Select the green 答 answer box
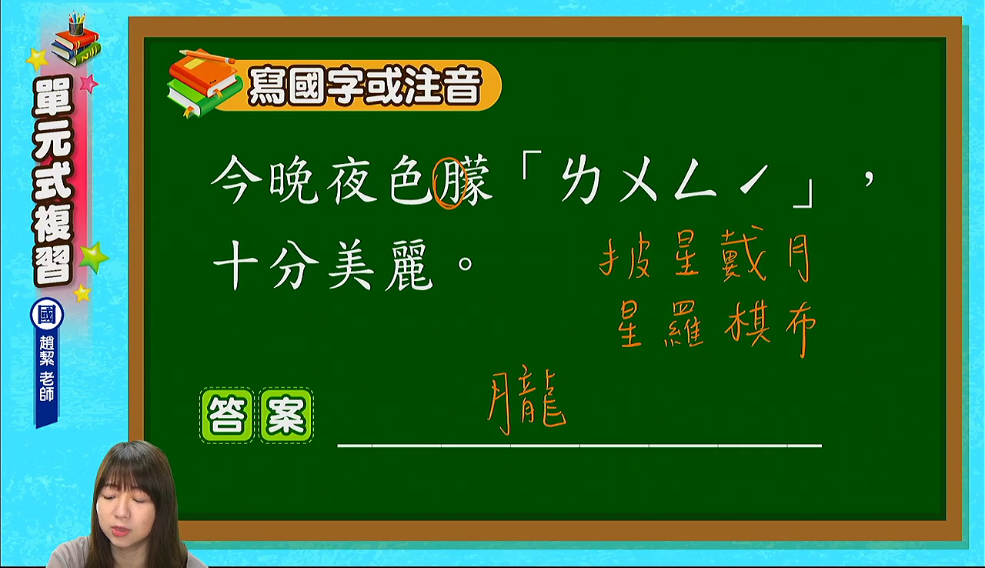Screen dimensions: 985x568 pyautogui.click(x=227, y=415)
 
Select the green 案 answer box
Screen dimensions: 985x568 pyautogui.click(x=286, y=415)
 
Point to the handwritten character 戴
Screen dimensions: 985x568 pyautogui.click(x=744, y=255)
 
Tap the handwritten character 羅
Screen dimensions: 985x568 pyautogui.click(x=684, y=325)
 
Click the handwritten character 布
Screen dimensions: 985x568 pyautogui.click(x=801, y=329)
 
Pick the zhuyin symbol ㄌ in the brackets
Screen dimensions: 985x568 pyautogui.click(x=580, y=180)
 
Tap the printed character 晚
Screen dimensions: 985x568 pyautogui.click(x=294, y=181)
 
